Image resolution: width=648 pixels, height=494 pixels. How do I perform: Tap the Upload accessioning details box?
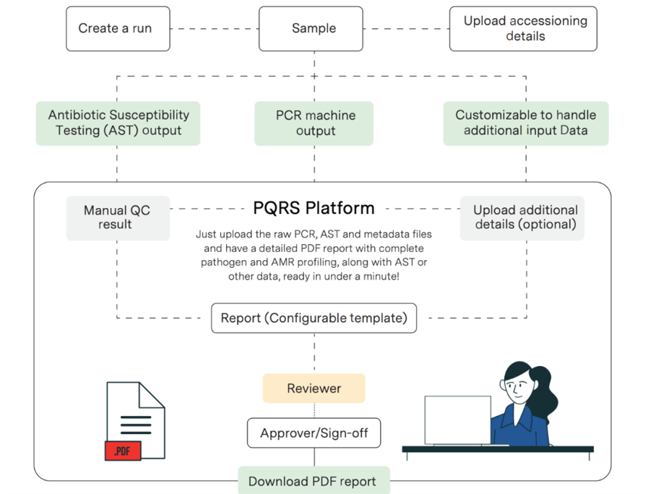point(523,28)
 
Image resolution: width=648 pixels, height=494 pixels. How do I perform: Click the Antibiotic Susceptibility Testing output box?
point(118,123)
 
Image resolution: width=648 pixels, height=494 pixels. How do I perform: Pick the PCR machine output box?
point(314,123)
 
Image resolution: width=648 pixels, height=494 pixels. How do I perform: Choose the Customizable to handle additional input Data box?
point(526,123)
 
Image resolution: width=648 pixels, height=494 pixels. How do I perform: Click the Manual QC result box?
point(118,218)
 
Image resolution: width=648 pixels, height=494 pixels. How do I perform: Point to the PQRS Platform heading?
point(314,208)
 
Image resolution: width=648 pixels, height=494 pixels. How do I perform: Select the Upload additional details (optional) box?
point(522,218)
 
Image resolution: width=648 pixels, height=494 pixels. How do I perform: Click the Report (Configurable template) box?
point(314,318)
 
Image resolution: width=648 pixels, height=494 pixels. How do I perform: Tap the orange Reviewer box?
point(314,389)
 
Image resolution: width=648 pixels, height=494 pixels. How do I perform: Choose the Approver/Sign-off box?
point(314,433)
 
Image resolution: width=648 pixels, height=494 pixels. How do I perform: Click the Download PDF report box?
point(314,481)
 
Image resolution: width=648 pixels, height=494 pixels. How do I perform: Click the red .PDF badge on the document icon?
point(123,451)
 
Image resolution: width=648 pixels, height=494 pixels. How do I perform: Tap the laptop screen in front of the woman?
point(458,420)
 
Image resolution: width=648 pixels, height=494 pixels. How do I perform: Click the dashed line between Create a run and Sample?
point(215,29)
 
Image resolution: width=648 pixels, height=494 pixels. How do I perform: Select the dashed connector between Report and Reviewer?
point(314,354)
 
